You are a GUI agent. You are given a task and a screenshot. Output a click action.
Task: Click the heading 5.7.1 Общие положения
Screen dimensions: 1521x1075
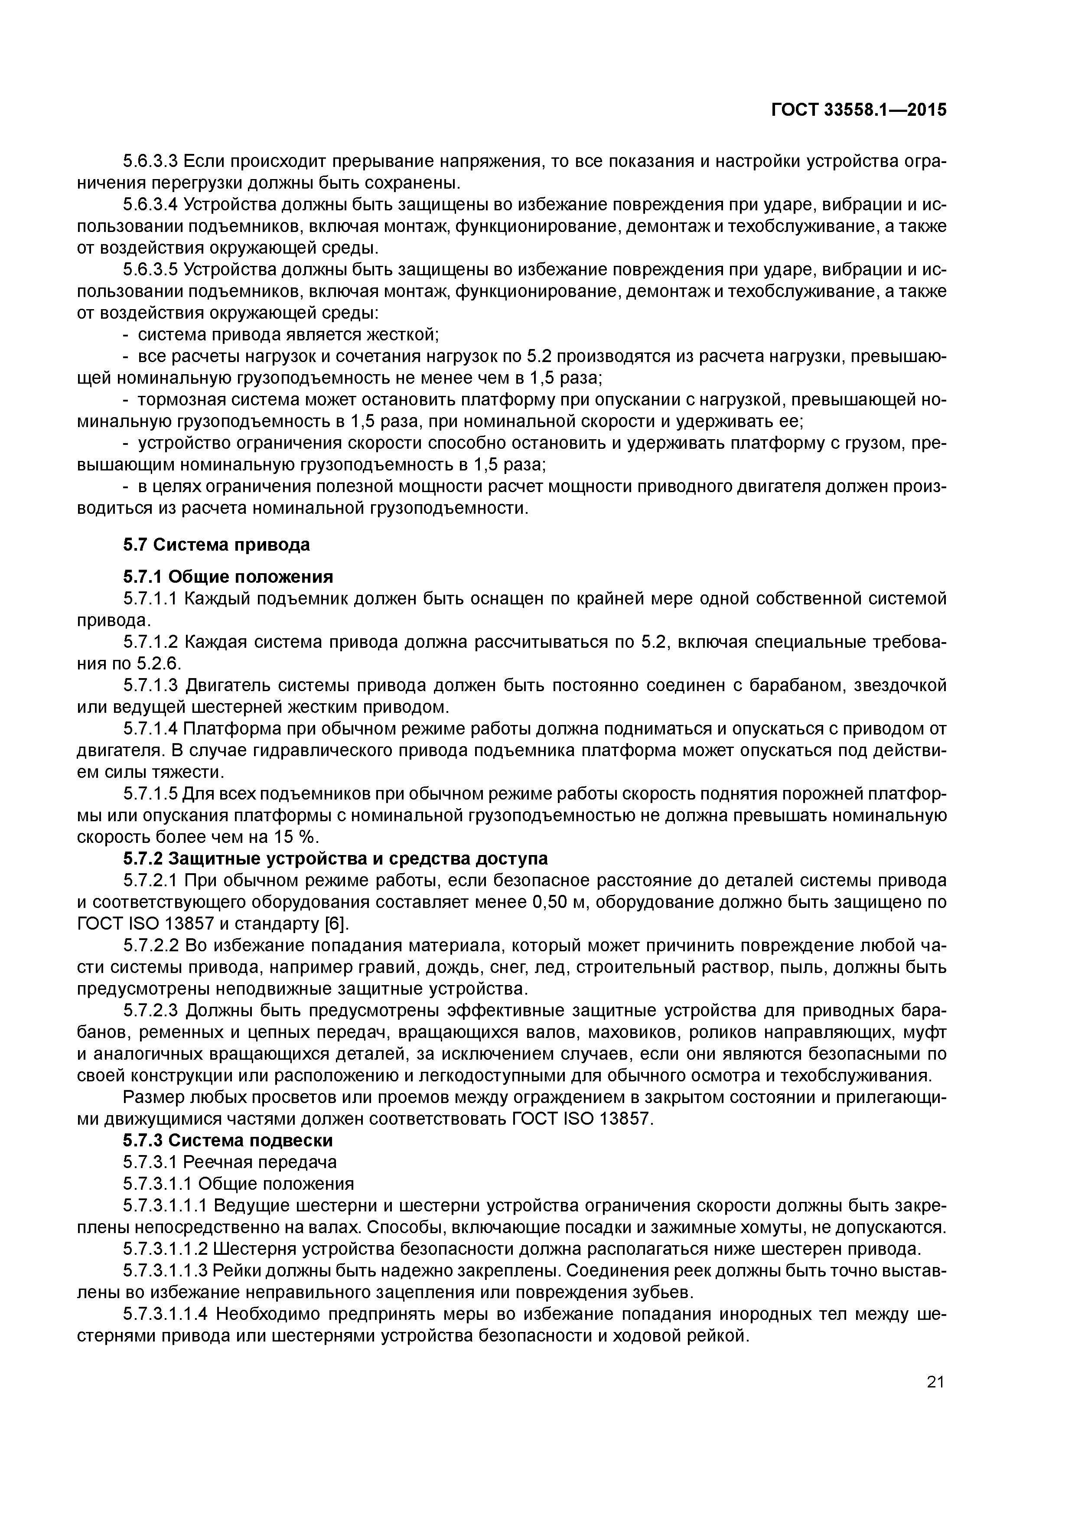(228, 576)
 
